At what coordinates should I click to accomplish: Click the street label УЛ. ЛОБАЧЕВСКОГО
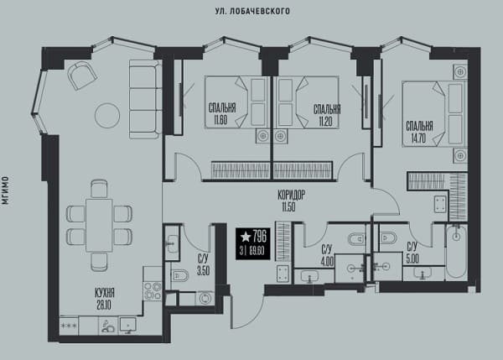(x=252, y=11)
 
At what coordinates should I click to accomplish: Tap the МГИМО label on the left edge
(x=5, y=190)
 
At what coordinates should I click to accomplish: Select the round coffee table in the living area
(x=107, y=116)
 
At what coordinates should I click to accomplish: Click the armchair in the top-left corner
(x=82, y=76)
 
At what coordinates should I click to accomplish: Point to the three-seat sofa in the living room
(x=145, y=99)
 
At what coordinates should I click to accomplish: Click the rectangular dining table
(x=99, y=225)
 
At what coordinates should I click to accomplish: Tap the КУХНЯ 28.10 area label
(x=105, y=299)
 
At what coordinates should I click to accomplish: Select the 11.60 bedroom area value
(x=220, y=120)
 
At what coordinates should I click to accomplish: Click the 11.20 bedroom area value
(x=325, y=122)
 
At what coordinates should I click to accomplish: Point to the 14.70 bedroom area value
(x=418, y=138)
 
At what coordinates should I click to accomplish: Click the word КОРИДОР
(x=292, y=195)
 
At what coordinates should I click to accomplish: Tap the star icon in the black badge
(x=246, y=237)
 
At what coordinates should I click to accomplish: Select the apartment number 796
(x=260, y=237)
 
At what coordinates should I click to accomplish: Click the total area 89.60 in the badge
(x=257, y=251)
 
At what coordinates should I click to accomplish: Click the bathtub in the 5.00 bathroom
(x=456, y=252)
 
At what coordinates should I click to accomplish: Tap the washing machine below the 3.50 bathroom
(x=204, y=299)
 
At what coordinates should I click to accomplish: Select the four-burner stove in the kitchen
(x=153, y=290)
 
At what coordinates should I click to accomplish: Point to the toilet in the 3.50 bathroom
(x=179, y=275)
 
